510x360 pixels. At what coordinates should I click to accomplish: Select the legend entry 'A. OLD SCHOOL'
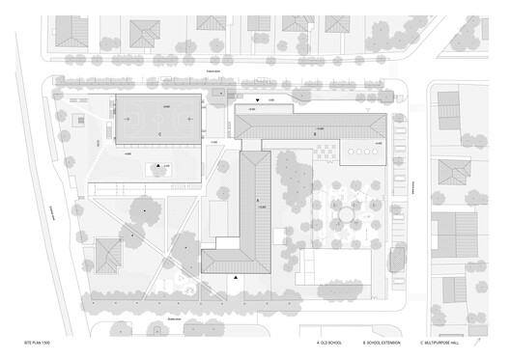pos(330,343)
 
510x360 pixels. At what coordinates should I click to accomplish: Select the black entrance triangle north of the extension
pos(257,100)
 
